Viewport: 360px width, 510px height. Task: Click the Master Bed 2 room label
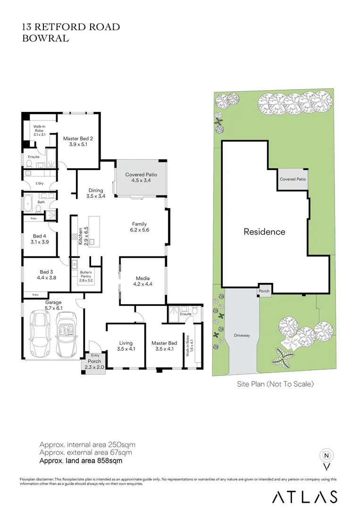click(x=78, y=138)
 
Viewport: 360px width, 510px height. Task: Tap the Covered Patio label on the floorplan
click(x=141, y=175)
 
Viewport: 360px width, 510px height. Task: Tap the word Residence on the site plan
click(x=264, y=232)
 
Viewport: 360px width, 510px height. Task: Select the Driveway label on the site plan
click(x=242, y=335)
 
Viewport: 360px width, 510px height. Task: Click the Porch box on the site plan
click(x=264, y=291)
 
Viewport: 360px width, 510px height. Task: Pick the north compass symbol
click(x=326, y=456)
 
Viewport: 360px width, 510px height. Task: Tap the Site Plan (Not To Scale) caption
click(x=275, y=384)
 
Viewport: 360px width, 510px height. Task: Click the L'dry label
click(x=40, y=184)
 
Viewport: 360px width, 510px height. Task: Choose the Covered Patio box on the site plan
click(x=293, y=179)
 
